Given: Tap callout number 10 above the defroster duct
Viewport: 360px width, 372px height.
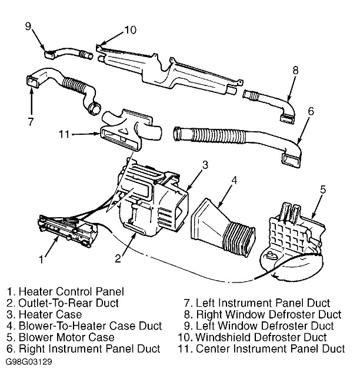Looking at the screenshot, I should [130, 29].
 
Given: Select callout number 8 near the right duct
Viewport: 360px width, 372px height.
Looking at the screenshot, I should [295, 70].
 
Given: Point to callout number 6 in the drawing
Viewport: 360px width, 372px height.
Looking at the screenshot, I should [311, 111].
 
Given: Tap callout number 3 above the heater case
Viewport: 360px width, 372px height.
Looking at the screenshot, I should [205, 165].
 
